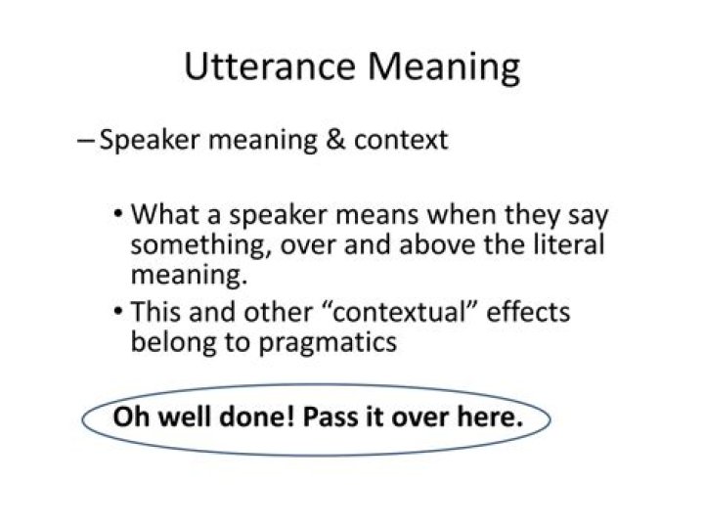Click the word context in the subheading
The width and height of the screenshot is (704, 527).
click(x=400, y=140)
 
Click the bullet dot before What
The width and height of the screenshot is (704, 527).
click(x=118, y=214)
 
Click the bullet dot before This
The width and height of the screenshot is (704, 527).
click(x=118, y=313)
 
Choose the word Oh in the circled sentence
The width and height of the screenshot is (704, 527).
click(x=127, y=417)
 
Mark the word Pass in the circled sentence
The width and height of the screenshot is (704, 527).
click(x=330, y=417)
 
